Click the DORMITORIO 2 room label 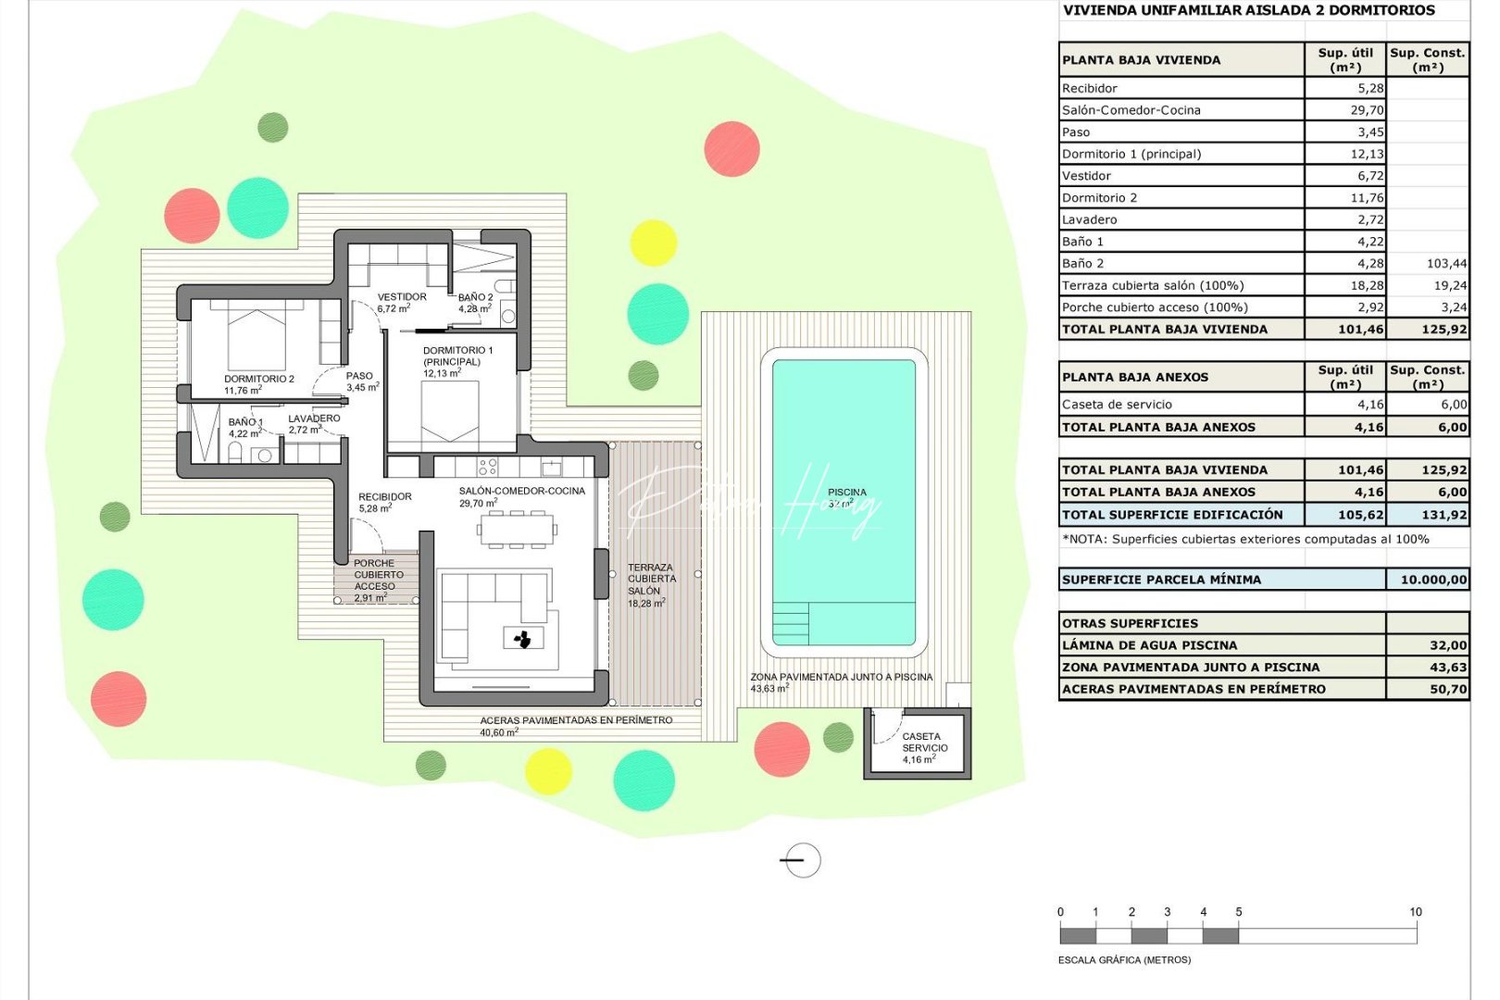coord(258,379)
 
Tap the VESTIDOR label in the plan coord(402,297)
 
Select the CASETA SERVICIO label coord(924,742)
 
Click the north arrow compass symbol coord(801,860)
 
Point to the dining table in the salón coord(517,530)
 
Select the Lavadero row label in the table coord(1089,219)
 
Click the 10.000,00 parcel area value coord(1432,580)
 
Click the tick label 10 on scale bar coord(1415,912)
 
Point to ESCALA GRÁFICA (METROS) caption coord(1124,960)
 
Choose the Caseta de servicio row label coord(1117,405)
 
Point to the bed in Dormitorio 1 coord(449,413)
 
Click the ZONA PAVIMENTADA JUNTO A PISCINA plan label coord(841,677)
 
